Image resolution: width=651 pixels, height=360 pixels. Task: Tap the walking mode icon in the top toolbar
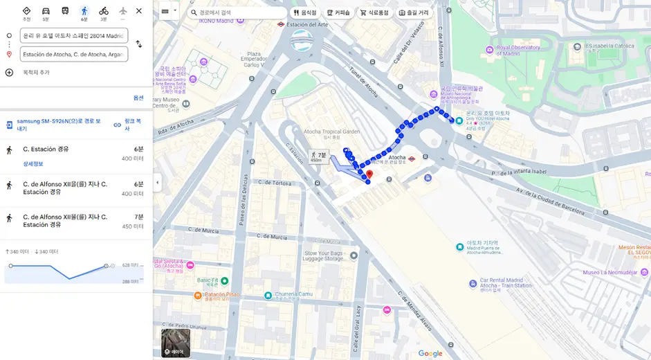pyautogui.click(x=84, y=11)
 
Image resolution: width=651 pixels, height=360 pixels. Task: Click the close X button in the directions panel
pyautogui.click(x=138, y=11)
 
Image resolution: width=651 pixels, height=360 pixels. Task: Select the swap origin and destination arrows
pyautogui.click(x=138, y=44)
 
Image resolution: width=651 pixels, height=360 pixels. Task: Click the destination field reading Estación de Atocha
pyautogui.click(x=73, y=54)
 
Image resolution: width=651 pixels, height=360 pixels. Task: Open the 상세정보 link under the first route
pyautogui.click(x=33, y=164)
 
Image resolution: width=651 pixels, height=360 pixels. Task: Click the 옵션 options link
pyautogui.click(x=138, y=98)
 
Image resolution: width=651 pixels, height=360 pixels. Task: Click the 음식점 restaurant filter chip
pyautogui.click(x=304, y=12)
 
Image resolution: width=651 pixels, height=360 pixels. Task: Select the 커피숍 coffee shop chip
pyautogui.click(x=338, y=12)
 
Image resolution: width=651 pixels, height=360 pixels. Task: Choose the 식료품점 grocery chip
pyautogui.click(x=374, y=12)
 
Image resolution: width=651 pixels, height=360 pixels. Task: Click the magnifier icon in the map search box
pyautogui.click(x=194, y=12)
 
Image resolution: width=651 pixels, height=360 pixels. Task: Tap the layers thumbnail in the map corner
pyautogui.click(x=175, y=342)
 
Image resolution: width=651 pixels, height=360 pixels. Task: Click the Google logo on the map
pyautogui.click(x=430, y=354)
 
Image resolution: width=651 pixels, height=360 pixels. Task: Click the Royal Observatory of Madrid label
pyautogui.click(x=518, y=51)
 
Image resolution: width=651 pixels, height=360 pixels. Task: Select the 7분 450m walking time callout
pyautogui.click(x=318, y=157)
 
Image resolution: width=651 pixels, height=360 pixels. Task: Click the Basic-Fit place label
pyautogui.click(x=208, y=280)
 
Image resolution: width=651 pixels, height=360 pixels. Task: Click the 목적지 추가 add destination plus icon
pyautogui.click(x=9, y=72)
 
